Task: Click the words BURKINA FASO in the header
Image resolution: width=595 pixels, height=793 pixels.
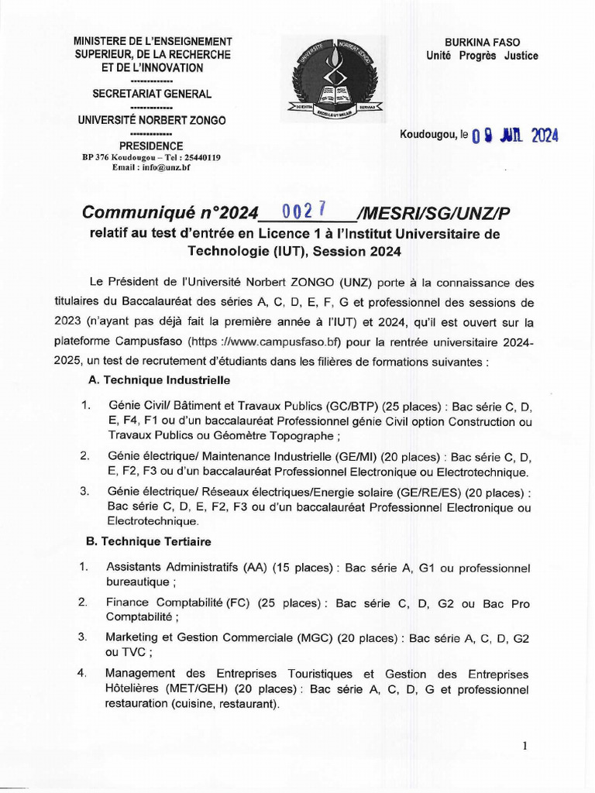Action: tap(481, 43)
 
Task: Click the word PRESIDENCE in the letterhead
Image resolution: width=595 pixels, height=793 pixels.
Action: tap(151, 146)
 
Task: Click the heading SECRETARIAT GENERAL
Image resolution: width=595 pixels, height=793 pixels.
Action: tap(152, 94)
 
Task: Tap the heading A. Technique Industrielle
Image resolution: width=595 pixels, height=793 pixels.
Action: tap(160, 380)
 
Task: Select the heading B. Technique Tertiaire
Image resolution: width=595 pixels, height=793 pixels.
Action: tap(150, 541)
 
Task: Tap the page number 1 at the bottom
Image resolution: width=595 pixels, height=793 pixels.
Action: tap(524, 746)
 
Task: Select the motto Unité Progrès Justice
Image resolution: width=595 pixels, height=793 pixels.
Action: tap(481, 56)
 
